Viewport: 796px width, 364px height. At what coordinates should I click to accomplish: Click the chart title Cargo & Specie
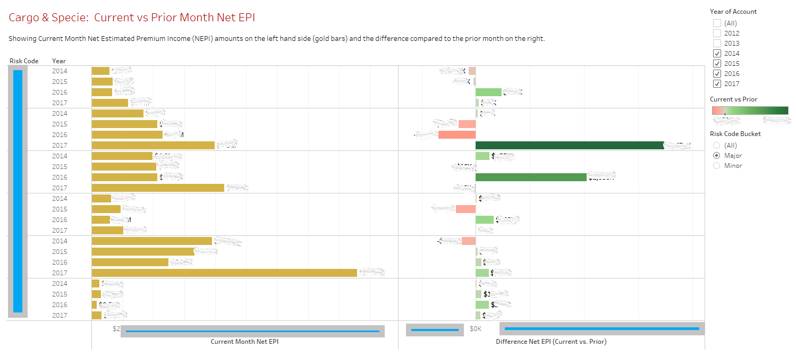132,18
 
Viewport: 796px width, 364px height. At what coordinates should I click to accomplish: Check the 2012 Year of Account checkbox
717,33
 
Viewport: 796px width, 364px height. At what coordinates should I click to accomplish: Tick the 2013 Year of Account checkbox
717,43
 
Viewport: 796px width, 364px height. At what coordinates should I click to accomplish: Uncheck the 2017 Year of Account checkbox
717,83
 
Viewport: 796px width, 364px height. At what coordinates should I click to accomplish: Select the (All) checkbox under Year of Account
717,23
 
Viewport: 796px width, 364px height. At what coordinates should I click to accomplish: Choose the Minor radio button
717,166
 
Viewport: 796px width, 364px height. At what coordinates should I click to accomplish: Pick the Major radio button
717,156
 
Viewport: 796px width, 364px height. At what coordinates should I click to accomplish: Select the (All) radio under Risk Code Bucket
717,146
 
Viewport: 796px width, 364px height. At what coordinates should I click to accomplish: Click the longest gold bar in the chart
224,273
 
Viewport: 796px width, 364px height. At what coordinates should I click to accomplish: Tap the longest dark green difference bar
569,145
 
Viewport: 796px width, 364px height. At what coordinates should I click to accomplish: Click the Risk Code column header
24,61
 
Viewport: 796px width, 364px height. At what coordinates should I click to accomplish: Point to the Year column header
59,61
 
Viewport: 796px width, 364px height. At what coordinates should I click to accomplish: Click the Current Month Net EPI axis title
244,342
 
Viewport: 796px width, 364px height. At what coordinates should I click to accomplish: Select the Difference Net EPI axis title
551,342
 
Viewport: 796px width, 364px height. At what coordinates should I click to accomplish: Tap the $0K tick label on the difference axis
476,329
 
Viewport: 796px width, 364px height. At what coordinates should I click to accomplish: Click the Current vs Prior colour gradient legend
750,110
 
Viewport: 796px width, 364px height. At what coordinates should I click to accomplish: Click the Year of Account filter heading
733,12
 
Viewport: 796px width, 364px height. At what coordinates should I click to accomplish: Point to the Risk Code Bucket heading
735,134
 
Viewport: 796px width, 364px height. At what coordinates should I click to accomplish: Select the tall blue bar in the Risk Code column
18,191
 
